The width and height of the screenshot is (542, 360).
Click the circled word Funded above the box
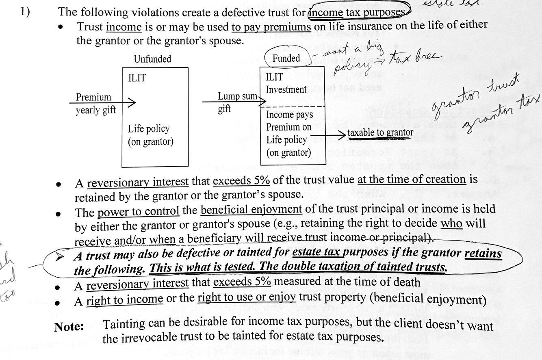tap(286, 59)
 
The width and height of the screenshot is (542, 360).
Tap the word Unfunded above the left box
tap(152, 59)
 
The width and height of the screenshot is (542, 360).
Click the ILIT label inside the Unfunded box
tap(137, 78)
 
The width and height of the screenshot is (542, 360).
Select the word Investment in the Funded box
tap(286, 89)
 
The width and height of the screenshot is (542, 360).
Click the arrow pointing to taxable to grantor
tap(329, 133)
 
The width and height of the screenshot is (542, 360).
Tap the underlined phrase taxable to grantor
tap(380, 133)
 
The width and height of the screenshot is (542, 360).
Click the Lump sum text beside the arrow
tap(238, 96)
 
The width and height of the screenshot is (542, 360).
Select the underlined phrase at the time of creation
tap(411, 180)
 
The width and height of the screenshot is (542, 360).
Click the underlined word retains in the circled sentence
tap(483, 254)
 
